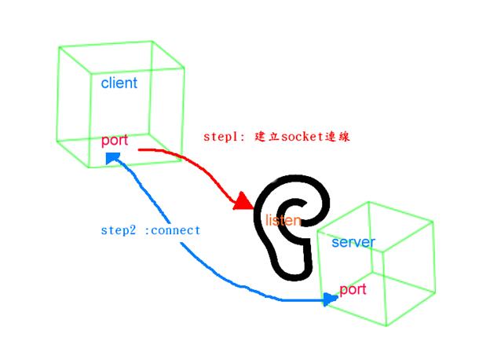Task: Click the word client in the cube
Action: pos(119,83)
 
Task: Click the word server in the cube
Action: pos(353,242)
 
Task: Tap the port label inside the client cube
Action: pos(115,141)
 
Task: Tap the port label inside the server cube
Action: pos(353,289)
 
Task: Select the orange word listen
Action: pos(283,220)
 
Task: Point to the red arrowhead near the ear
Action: pos(243,204)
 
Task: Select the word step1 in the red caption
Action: pos(221,136)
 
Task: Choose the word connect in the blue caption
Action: pos(174,230)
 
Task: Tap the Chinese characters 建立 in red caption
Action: pos(262,136)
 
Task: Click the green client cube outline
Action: pos(60,94)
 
